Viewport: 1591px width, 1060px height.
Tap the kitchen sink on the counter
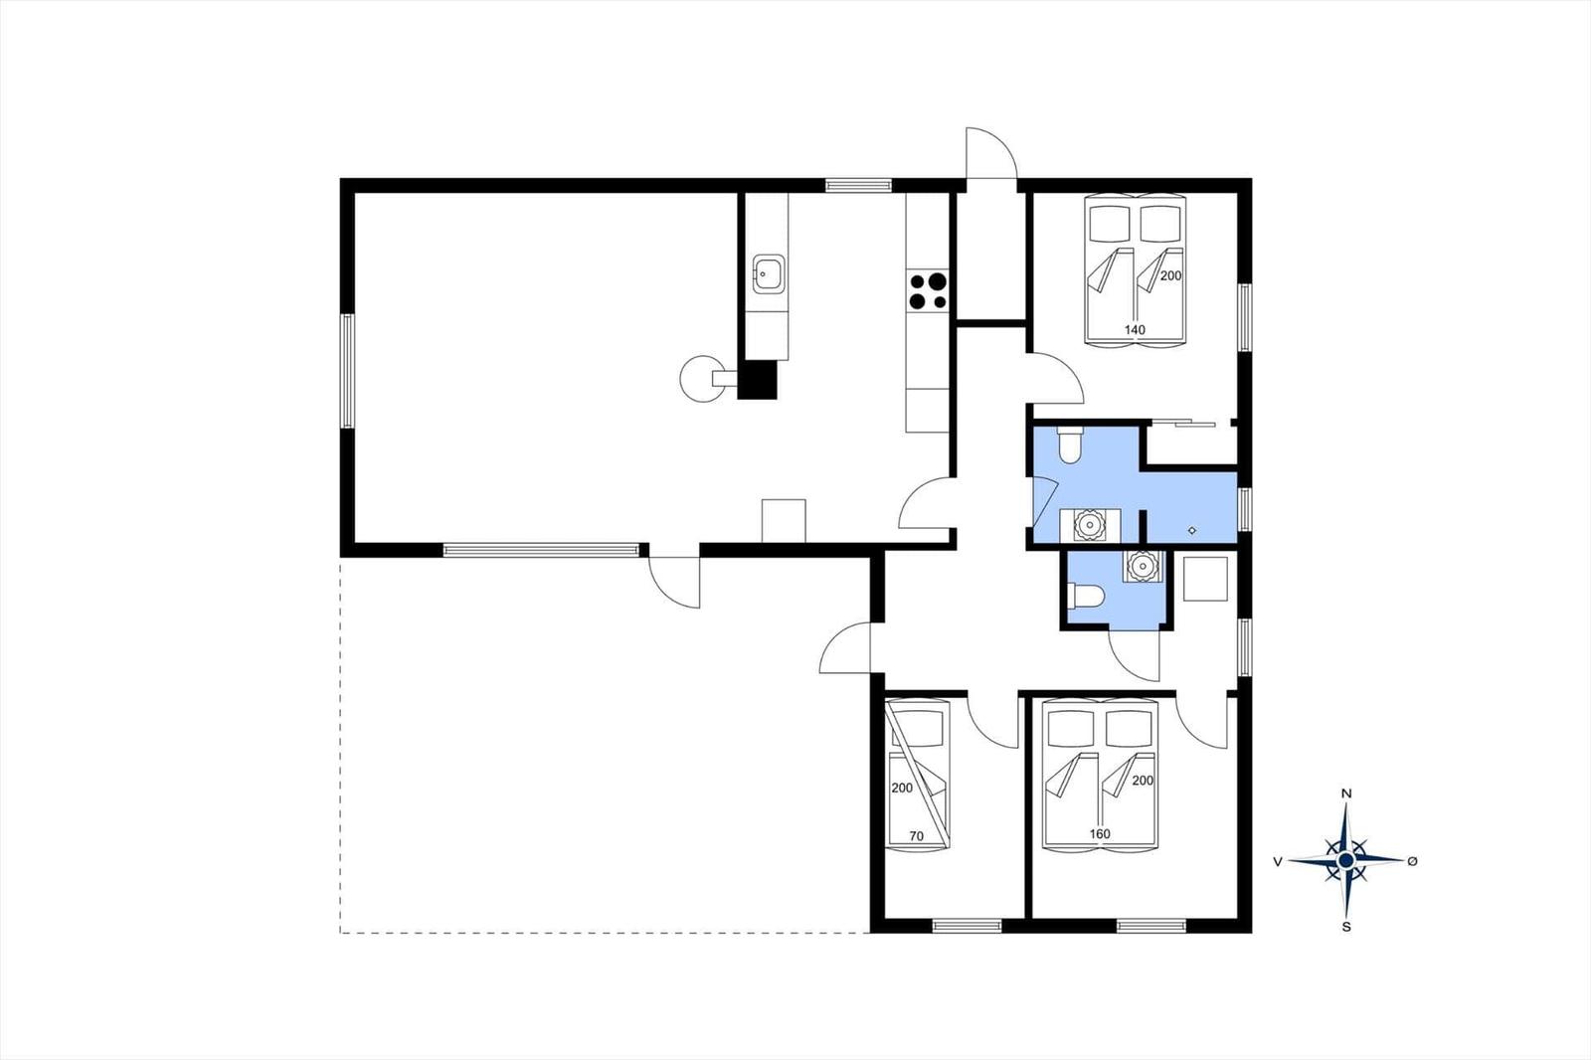(x=770, y=273)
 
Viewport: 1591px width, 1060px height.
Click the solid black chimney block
(x=757, y=380)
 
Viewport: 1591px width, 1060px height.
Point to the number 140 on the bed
(x=1135, y=330)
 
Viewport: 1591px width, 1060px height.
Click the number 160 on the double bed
(x=1100, y=834)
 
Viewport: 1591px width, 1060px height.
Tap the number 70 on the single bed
(x=917, y=836)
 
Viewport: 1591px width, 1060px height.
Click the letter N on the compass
(x=1345, y=794)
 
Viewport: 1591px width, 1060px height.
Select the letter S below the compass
(x=1346, y=927)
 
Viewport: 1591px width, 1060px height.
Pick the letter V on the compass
(x=1278, y=862)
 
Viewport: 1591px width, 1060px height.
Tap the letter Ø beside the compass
(x=1412, y=861)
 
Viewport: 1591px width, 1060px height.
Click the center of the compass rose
(x=1345, y=861)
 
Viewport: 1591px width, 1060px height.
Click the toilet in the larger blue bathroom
(x=1069, y=444)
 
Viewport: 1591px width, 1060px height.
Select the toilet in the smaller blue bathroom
(x=1086, y=596)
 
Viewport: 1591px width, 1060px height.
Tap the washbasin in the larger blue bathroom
(x=1089, y=525)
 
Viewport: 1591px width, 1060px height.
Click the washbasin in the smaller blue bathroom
(x=1143, y=566)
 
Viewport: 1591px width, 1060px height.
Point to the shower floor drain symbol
(x=1192, y=530)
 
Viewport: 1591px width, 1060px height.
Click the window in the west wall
(x=347, y=371)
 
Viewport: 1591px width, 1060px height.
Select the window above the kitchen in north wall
(x=858, y=185)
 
